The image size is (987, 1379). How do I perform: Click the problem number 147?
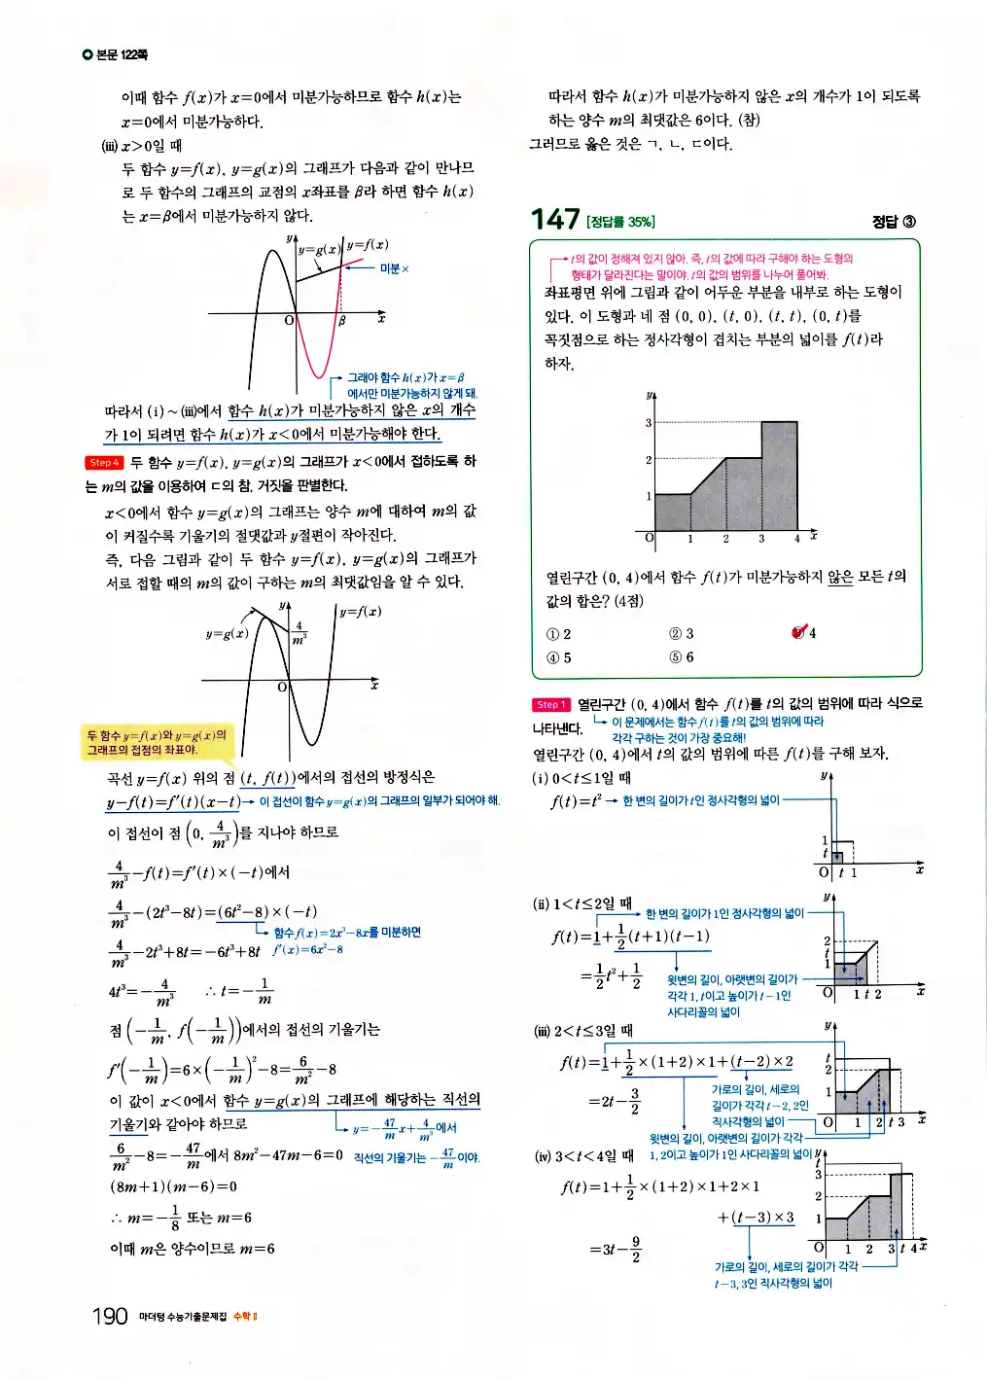tap(555, 220)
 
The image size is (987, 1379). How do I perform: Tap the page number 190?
tap(110, 1316)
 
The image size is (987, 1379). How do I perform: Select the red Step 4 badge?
tap(104, 463)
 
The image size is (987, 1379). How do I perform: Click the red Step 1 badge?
tap(550, 705)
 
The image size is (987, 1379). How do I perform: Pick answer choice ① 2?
tap(559, 634)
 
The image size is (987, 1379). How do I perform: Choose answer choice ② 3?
tap(682, 634)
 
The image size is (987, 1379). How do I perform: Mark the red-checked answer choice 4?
tap(804, 633)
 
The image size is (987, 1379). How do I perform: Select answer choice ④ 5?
tap(559, 657)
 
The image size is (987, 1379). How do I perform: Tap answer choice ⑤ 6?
tap(682, 657)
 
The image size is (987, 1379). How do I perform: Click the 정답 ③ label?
tap(894, 222)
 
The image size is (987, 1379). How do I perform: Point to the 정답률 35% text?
tap(621, 223)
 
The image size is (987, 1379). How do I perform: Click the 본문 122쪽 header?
tap(116, 54)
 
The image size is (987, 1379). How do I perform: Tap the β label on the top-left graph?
tap(342, 321)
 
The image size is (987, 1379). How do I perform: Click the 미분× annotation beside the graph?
tap(394, 268)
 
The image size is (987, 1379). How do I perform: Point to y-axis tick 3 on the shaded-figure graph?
tap(649, 423)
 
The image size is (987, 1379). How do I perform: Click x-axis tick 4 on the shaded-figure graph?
tap(796, 538)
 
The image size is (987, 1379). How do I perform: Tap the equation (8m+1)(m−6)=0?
tap(173, 1186)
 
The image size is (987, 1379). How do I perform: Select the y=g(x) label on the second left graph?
tap(227, 633)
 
